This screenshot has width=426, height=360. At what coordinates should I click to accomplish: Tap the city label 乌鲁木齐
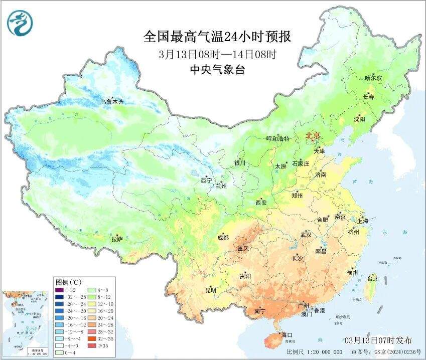coord(111,102)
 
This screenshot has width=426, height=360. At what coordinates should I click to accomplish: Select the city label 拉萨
coord(117,239)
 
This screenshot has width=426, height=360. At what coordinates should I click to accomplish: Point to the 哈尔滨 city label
coord(373,78)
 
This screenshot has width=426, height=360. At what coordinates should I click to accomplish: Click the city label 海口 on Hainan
coord(287,334)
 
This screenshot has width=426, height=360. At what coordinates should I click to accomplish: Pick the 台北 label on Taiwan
coord(373,278)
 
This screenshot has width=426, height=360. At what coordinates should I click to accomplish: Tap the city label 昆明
coord(211,290)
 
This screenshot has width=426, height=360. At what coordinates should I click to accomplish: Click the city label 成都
coord(223,237)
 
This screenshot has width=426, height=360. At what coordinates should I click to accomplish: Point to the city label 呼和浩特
coord(277,139)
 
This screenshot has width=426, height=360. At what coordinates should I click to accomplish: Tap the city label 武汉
coord(306,235)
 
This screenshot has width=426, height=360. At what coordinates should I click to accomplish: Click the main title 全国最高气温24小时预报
coord(217,37)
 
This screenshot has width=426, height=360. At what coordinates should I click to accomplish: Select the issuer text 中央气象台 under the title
coord(217,70)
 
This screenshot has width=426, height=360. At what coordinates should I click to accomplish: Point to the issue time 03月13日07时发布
coord(385,340)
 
